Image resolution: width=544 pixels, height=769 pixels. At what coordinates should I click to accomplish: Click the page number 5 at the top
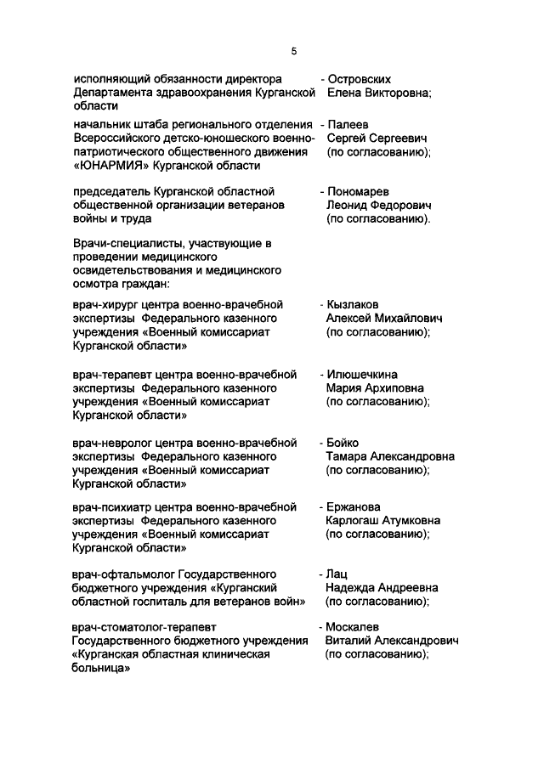(x=293, y=52)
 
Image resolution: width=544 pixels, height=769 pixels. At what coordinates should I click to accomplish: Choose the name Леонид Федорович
(x=379, y=206)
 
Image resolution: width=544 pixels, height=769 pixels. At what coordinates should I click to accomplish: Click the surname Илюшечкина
(x=361, y=374)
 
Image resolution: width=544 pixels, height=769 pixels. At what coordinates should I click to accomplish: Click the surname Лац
(x=337, y=574)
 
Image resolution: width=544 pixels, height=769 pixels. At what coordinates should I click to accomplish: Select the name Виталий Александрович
(x=392, y=641)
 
